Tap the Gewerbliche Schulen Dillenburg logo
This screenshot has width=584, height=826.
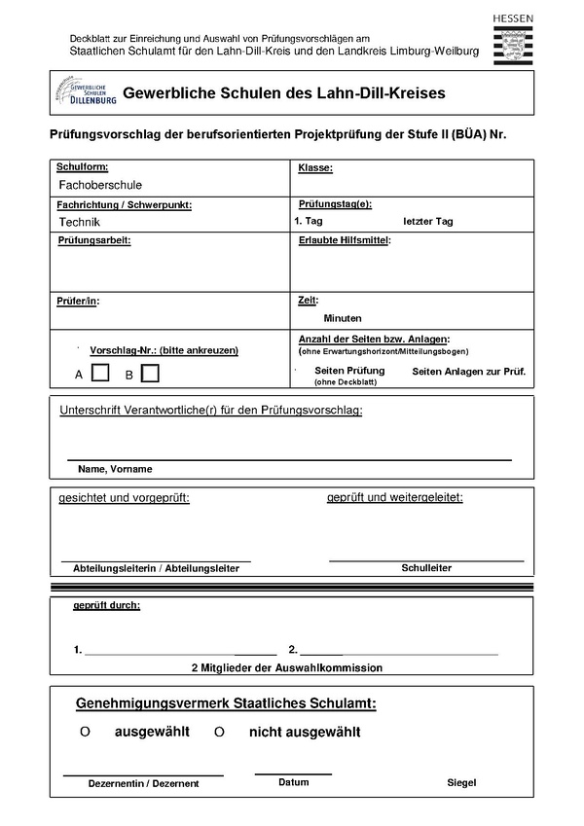87,93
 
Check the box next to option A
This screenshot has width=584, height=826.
100,373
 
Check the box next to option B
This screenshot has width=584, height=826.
150,373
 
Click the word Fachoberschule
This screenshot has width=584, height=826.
100,185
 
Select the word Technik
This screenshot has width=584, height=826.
80,222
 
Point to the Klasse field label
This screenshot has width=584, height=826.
315,167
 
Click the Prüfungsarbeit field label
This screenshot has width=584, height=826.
94,240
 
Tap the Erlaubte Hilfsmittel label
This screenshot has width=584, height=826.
344,240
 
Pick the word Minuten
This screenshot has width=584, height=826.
343,318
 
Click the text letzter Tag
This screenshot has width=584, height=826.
428,222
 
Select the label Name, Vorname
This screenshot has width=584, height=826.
115,469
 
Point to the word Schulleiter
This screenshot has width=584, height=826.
426,567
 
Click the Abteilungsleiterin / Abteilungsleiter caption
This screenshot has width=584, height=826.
157,568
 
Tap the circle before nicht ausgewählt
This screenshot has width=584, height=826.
219,732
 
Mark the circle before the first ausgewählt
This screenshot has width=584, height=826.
85,732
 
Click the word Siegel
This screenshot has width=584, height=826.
461,782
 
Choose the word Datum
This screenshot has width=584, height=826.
293,782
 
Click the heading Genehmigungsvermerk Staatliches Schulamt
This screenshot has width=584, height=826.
226,702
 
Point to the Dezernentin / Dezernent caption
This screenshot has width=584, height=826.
143,783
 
